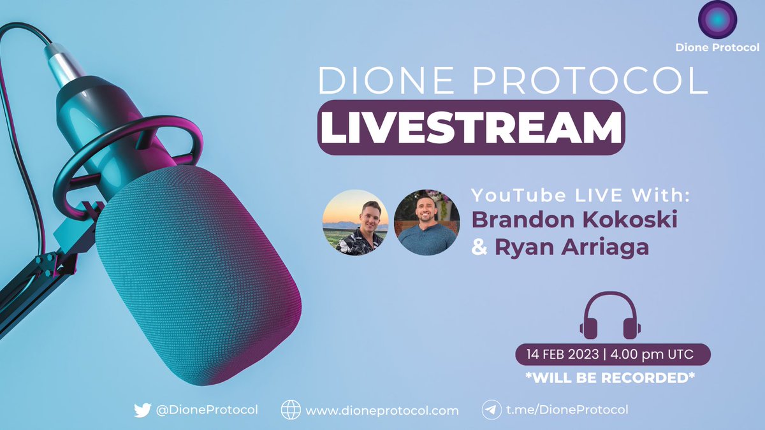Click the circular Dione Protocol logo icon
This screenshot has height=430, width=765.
point(717,20)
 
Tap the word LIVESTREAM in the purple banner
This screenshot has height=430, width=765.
point(470,127)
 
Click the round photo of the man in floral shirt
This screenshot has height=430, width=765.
point(356,222)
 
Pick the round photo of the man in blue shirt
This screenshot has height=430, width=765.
point(426,222)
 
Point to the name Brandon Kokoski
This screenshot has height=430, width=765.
point(565,220)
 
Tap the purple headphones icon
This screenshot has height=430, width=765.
point(609,315)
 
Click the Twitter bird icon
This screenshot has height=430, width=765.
point(142,410)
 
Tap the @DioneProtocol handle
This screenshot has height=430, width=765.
point(207,410)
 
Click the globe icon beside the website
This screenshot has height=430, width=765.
point(290,410)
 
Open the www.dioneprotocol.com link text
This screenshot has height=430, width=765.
point(382,410)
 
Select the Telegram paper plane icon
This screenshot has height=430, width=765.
point(490,410)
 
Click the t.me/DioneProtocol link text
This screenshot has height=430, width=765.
point(567,410)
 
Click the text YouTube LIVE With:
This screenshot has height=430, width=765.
point(580,196)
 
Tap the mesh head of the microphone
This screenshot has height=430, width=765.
point(198,274)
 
